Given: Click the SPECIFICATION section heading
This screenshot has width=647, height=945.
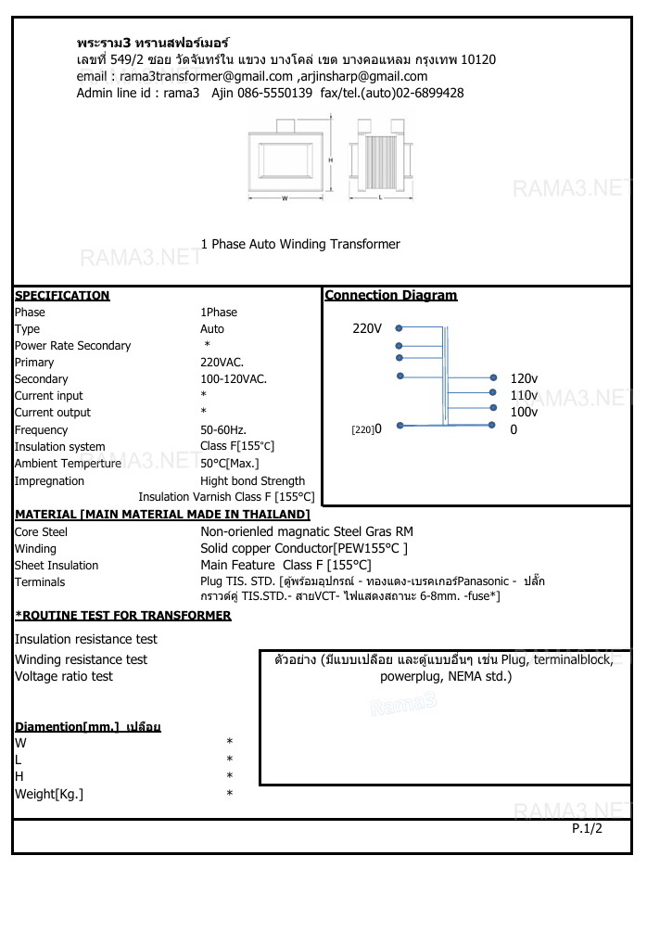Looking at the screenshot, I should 62,296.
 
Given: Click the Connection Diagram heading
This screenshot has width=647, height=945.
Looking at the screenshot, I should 391,296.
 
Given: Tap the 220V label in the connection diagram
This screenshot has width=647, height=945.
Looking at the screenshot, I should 367,328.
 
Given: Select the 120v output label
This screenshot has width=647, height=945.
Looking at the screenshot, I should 524,378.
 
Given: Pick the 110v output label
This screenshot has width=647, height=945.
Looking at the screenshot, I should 524,395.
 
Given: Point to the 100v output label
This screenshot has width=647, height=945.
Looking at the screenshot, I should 524,412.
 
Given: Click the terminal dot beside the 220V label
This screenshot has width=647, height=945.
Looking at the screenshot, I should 399,328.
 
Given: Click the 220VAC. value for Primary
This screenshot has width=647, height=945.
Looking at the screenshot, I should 222,363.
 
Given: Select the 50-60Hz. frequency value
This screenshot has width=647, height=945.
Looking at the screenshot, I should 223,430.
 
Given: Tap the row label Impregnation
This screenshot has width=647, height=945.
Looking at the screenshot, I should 49,481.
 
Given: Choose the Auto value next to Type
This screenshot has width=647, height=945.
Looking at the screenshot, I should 212,329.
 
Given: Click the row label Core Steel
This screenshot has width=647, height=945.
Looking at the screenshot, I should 41,532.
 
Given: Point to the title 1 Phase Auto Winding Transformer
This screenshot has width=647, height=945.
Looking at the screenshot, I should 300,245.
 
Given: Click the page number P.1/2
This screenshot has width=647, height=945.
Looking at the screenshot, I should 587,828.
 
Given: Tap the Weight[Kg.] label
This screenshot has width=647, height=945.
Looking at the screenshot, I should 49,794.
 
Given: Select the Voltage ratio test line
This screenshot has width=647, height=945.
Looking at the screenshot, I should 64,677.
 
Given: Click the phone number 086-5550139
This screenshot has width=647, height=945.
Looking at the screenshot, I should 275,93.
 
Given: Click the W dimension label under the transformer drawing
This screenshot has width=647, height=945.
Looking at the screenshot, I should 285,198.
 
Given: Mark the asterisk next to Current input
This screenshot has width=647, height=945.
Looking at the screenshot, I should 204,396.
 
